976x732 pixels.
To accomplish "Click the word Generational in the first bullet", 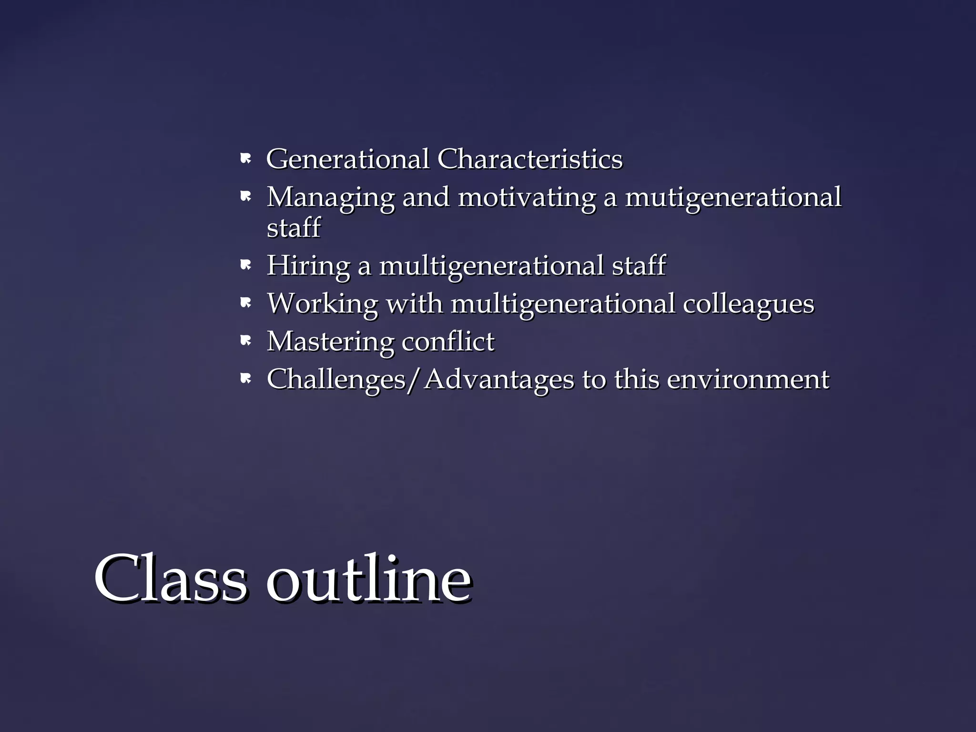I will point(347,159).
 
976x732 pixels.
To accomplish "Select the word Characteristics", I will point(529,159).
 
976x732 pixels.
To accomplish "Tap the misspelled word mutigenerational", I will point(733,198).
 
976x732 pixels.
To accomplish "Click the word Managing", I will point(330,198).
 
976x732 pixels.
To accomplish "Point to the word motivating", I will point(526,197).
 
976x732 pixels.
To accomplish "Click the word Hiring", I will point(308,265).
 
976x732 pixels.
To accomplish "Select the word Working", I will point(322,304).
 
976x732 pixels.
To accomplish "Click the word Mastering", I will point(330,342).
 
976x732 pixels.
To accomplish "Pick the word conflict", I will point(447,341).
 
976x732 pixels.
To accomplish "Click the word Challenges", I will point(336,380).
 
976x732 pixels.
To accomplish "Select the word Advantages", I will point(499,380).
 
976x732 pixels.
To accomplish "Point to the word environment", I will point(748,380).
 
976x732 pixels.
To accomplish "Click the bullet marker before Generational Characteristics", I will point(245,159).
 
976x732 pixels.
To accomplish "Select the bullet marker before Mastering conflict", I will point(245,341).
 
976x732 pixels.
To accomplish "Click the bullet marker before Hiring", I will point(245,265).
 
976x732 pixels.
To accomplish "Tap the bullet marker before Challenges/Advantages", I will point(245,379).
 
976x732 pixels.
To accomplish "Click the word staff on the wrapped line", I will point(294,227).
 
